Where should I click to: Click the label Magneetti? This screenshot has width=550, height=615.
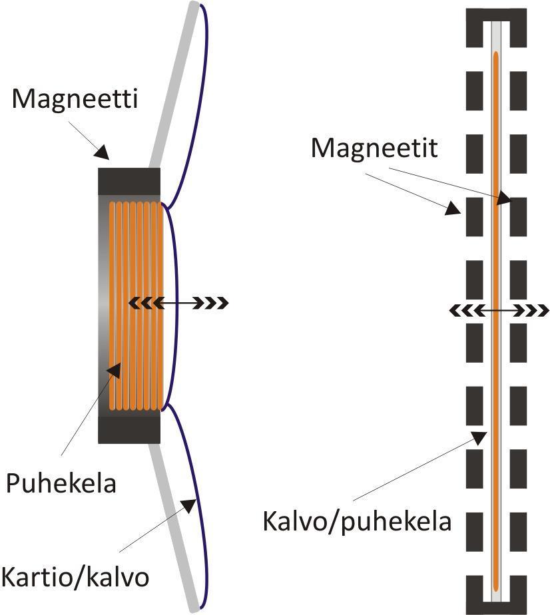click(x=75, y=100)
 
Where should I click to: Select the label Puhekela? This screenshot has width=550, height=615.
click(x=61, y=483)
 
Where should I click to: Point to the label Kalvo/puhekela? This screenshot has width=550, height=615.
click(x=357, y=520)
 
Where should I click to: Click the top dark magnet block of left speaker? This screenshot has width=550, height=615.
click(x=129, y=181)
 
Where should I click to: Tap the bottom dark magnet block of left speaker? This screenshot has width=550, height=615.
click(x=129, y=430)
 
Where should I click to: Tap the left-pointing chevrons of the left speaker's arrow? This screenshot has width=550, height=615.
click(x=140, y=304)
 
